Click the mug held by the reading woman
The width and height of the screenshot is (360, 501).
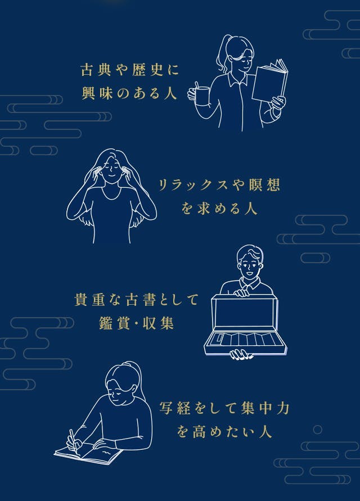[x=202, y=96]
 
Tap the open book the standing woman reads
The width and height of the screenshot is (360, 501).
[x=269, y=81]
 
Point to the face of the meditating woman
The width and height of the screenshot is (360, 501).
[x=111, y=169]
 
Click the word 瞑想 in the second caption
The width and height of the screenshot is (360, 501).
[x=265, y=184]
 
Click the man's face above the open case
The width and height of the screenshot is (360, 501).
[x=250, y=265]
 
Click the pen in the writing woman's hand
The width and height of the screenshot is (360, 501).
[x=74, y=441]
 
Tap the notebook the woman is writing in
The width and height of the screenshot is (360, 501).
[x=88, y=453]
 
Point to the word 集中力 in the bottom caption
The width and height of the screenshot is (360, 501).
[x=265, y=408]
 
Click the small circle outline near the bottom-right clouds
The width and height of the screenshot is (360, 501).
[x=317, y=430]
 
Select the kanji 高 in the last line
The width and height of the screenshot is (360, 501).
[x=200, y=432]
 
